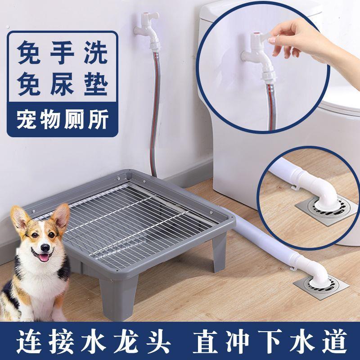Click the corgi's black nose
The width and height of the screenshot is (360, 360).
pyautogui.click(x=45, y=248)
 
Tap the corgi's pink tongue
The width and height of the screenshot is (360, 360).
pyautogui.click(x=44, y=257)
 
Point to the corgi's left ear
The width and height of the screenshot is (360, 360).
pyautogui.click(x=60, y=217)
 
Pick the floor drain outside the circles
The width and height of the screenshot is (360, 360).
pyautogui.click(x=321, y=287)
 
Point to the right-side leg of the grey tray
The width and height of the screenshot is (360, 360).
pyautogui.click(x=219, y=252)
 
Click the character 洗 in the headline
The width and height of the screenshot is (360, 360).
pyautogui.click(x=96, y=53)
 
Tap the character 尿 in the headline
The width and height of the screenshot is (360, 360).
pyautogui.click(x=62, y=84)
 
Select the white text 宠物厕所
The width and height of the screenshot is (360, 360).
pyautogui.click(x=63, y=119)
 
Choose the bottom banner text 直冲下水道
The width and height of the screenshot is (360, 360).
pyautogui.click(x=270, y=342)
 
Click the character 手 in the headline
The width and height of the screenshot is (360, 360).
pyautogui.click(x=62, y=53)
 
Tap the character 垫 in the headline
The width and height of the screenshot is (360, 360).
pyautogui.click(x=96, y=84)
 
